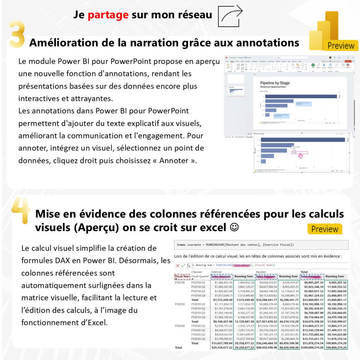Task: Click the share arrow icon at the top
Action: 231,16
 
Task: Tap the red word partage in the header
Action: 108,15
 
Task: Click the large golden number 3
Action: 17,35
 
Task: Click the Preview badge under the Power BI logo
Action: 341,46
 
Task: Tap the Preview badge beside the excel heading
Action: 324,229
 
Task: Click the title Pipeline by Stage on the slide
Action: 275,83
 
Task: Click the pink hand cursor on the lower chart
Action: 300,155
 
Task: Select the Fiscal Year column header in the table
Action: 182,276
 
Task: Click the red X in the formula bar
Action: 178,265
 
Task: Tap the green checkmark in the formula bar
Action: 183,265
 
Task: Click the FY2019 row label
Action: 180,304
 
